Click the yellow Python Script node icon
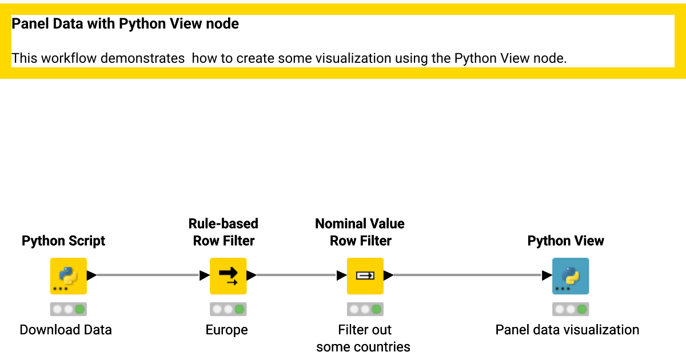(x=68, y=276)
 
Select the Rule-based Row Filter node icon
(x=228, y=276)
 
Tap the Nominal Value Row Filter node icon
(x=365, y=276)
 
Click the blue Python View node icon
(x=571, y=276)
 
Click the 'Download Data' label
(x=66, y=330)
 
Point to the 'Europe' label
(x=226, y=330)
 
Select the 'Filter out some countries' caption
(x=363, y=338)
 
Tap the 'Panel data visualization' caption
(x=567, y=330)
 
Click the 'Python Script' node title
(x=63, y=241)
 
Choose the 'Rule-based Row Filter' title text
(x=224, y=232)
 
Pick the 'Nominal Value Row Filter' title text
(x=360, y=232)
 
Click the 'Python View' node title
(x=565, y=241)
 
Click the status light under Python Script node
(x=79, y=309)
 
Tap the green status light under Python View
(x=582, y=309)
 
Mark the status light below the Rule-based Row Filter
(x=240, y=309)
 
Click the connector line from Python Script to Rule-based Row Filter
(x=148, y=275)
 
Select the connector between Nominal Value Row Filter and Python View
(x=468, y=275)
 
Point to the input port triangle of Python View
(x=547, y=275)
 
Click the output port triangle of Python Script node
(x=91, y=275)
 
